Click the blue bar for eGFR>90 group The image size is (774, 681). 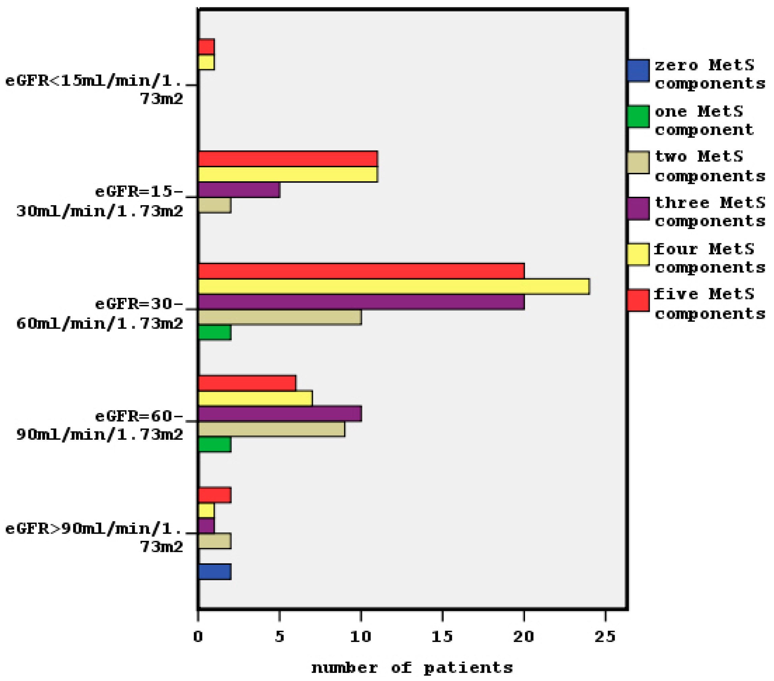point(214,572)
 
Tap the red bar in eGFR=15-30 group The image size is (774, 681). point(288,159)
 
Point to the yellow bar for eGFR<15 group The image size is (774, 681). point(206,62)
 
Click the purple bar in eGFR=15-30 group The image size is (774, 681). point(239,190)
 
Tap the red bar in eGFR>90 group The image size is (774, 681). point(214,495)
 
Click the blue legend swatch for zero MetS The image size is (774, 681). point(638,70)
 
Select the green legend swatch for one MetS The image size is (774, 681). point(638,117)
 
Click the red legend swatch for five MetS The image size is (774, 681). point(638,300)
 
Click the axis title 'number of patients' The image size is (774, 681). point(412,668)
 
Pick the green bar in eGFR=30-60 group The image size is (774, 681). point(214,333)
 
